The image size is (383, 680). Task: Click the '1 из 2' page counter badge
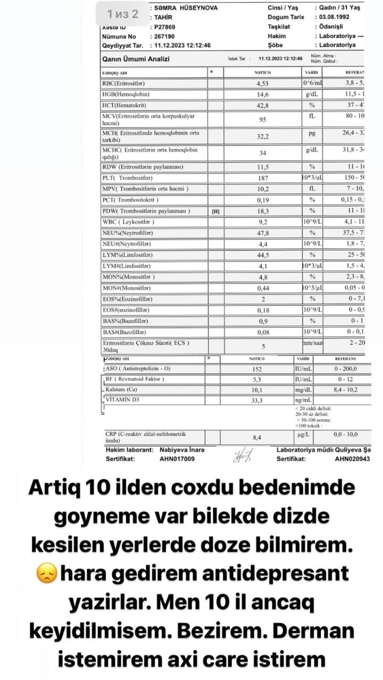(122, 14)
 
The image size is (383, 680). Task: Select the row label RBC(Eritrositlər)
(123, 83)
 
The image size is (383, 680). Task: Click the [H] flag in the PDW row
(215, 211)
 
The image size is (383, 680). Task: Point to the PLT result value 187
(263, 178)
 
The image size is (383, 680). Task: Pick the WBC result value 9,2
(263, 222)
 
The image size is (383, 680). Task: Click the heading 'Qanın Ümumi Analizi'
(136, 59)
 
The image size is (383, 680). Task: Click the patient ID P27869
(165, 27)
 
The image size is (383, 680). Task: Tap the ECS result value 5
(263, 347)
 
